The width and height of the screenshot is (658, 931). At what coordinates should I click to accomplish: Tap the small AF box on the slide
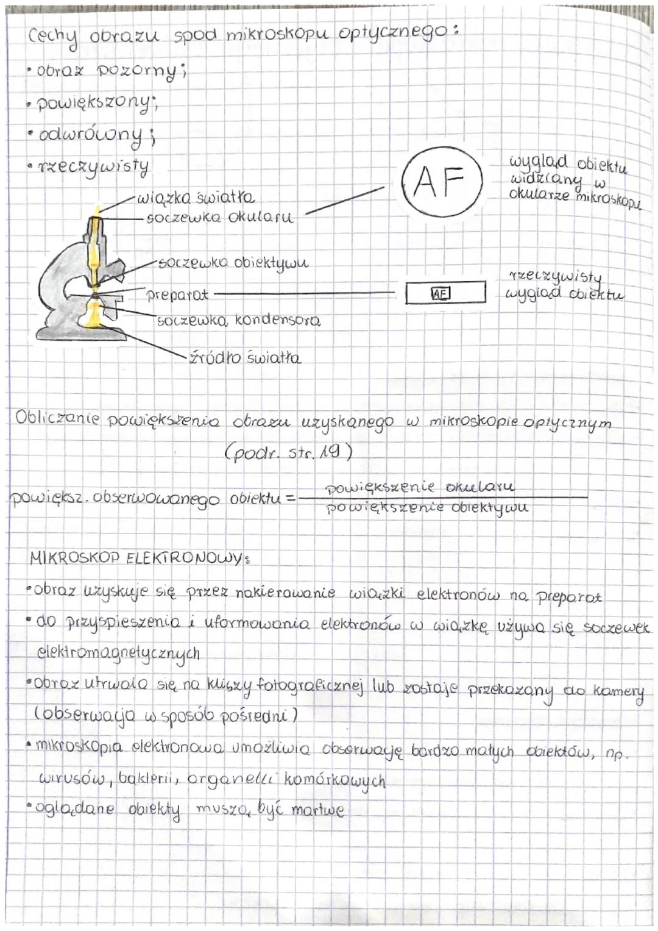[x=440, y=293]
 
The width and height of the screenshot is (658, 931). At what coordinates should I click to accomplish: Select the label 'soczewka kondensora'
[x=238, y=321]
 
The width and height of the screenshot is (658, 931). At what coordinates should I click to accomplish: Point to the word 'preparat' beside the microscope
[x=177, y=295]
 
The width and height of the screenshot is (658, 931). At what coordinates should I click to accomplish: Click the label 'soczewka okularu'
[x=220, y=218]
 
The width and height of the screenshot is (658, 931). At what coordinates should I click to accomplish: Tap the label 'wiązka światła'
[x=196, y=199]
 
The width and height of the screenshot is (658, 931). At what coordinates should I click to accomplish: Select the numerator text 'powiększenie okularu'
[x=420, y=487]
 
